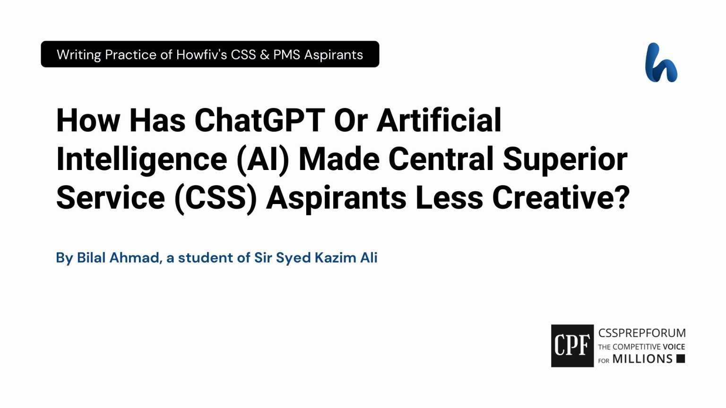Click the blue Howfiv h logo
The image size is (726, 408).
pos(661,62)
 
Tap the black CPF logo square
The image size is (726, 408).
pos(572,346)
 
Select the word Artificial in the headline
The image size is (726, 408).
pos(439,120)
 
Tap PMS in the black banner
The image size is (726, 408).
pos(286,55)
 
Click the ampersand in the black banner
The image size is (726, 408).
pos(265,55)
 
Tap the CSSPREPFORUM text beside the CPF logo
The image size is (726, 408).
pos(642,333)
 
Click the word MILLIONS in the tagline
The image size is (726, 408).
pos(642,359)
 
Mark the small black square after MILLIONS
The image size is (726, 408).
pos(681,358)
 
